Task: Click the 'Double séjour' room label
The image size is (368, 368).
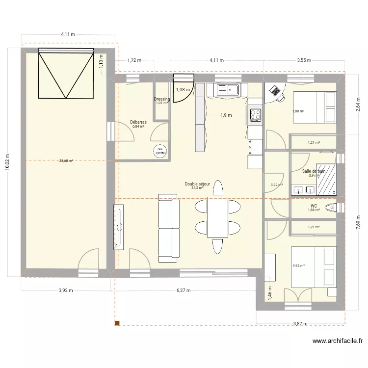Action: (197, 184)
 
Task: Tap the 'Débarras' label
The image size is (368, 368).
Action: (138, 122)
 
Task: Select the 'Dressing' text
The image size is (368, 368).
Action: (162, 99)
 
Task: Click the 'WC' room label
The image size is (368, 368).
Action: (314, 206)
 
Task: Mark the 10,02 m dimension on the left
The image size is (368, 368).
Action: (7, 161)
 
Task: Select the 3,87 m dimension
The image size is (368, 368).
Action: (300, 324)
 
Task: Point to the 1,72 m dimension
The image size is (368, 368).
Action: (134, 61)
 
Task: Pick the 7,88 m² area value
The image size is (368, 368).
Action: (298, 111)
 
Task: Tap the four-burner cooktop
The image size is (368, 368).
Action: (256, 115)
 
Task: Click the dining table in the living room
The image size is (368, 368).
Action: (218, 217)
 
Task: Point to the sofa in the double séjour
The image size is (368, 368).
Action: (167, 228)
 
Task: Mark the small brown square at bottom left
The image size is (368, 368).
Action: (117, 323)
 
